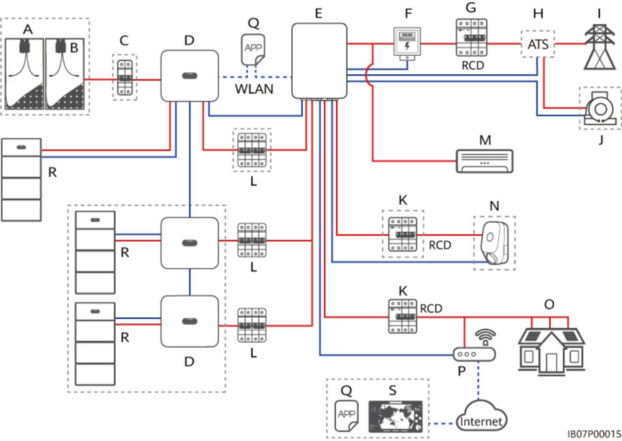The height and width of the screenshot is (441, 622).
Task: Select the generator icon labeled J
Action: tap(599, 108)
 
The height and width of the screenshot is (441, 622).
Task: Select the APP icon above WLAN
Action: tap(254, 48)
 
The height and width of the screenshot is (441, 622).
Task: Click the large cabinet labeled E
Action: tap(318, 61)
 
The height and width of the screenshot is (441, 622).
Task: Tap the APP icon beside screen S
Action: tap(347, 414)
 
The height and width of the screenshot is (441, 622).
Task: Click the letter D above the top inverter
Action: tap(189, 41)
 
